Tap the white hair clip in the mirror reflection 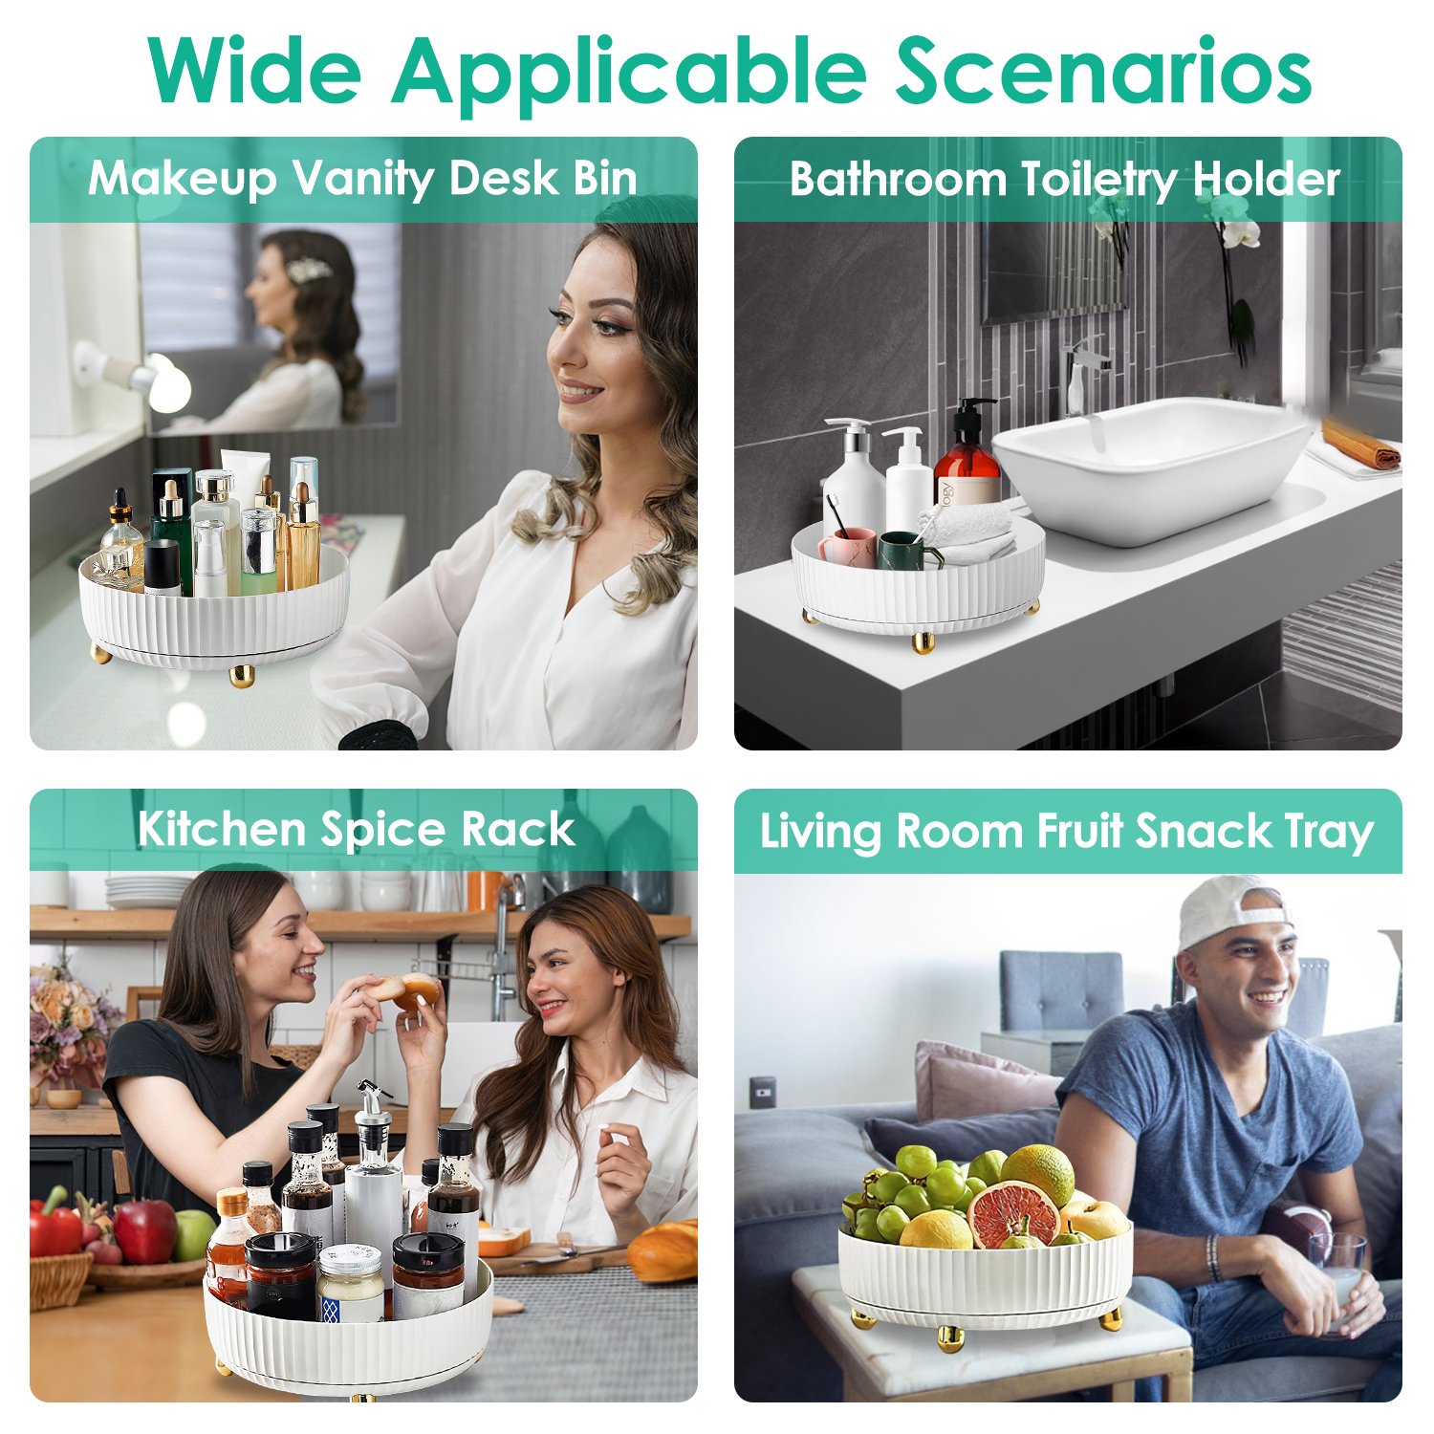click(x=309, y=270)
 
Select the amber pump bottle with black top click(x=967, y=452)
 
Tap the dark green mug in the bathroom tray click(x=902, y=552)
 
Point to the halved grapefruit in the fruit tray click(x=1014, y=1214)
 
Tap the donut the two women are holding click(x=407, y=991)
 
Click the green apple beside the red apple click(x=194, y=1234)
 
